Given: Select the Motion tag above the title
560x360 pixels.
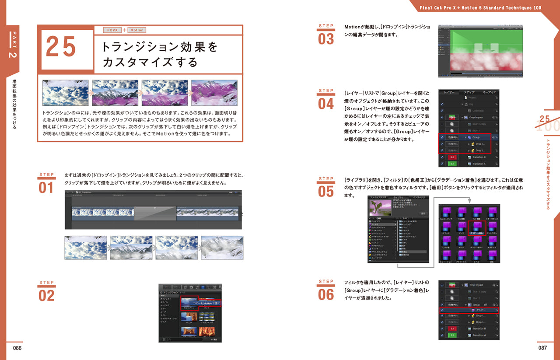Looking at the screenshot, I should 136,30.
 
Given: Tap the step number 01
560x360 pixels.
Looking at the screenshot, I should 46,188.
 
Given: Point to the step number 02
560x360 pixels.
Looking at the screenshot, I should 46,296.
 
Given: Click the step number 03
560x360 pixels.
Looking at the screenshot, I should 326,39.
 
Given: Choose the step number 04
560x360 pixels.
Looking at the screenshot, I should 326,104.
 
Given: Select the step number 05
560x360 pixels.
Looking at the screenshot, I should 326,192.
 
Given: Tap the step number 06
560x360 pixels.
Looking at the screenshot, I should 326,294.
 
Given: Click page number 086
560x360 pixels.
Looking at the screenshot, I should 17,348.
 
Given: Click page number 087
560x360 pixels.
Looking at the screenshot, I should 542,348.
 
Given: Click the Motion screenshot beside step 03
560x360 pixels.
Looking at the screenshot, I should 480,51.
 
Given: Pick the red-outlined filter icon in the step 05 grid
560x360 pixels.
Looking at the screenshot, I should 477,227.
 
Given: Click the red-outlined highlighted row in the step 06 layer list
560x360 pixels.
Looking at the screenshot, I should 469,310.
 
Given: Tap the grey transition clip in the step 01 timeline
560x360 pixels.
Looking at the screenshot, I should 155,213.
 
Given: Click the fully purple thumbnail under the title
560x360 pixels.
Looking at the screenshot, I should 214,93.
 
